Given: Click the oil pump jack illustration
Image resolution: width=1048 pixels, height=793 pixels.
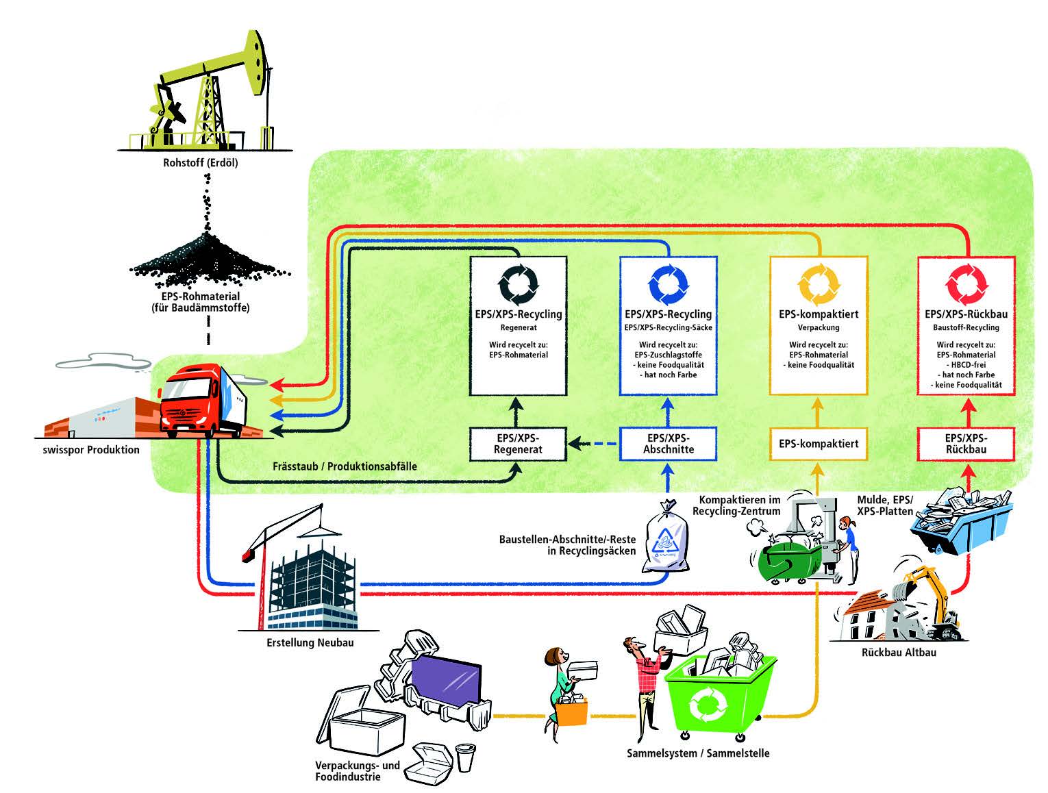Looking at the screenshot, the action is (x=205, y=90).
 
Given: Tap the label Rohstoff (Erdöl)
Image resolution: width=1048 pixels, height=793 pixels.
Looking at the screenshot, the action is (x=201, y=163).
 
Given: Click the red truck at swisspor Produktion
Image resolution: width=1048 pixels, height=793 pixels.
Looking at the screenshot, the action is (x=203, y=401).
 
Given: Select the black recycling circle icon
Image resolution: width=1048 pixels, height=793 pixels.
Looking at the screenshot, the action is (x=519, y=284).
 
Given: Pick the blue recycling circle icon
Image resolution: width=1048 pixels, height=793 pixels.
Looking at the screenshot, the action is (x=669, y=284).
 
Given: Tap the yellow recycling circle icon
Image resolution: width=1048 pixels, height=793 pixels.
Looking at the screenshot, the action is (x=819, y=284).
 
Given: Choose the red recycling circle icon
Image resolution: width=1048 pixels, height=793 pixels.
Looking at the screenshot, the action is (x=966, y=284).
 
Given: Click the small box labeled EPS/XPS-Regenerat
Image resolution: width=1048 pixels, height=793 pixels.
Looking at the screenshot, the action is (x=519, y=444).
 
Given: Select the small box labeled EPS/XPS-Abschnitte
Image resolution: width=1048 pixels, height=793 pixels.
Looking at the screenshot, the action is (x=669, y=444).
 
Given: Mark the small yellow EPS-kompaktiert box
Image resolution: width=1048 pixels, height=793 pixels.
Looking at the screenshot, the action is (x=819, y=444).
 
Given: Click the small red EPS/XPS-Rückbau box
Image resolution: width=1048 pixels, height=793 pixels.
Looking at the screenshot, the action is (x=966, y=444).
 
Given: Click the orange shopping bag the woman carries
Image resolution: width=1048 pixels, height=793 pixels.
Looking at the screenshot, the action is (x=571, y=712).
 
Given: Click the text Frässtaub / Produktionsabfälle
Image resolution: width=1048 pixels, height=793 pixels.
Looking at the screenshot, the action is (x=345, y=466).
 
